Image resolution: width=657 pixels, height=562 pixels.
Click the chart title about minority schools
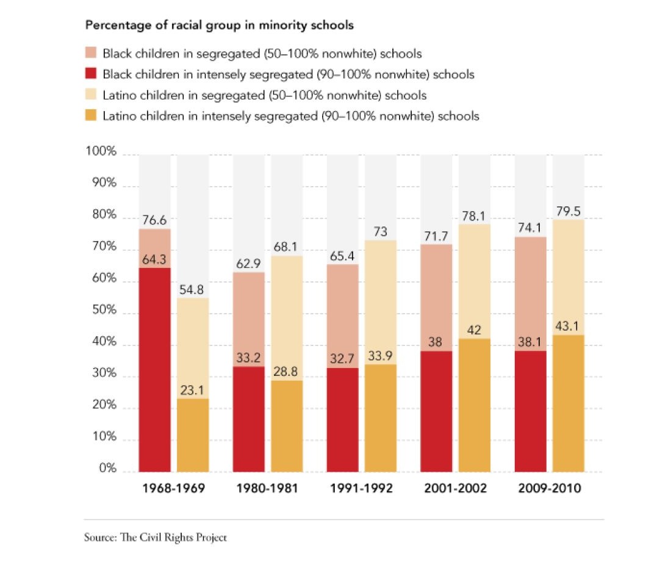coord(220,26)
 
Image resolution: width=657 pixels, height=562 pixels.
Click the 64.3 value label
coord(154,260)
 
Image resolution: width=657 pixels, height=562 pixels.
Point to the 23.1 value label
coord(192,391)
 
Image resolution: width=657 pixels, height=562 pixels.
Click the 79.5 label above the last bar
coord(568,212)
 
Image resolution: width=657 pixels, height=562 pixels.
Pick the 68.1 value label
coord(286,248)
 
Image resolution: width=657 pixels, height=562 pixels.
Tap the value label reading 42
coord(474,330)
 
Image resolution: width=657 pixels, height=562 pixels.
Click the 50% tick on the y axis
coord(101,311)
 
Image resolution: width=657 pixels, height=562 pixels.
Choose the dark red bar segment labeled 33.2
coord(248,421)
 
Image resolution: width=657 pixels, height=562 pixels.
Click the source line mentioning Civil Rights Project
coord(155,538)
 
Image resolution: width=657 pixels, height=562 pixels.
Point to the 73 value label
coord(380,232)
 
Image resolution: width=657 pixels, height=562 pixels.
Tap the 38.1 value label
coord(530,342)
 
